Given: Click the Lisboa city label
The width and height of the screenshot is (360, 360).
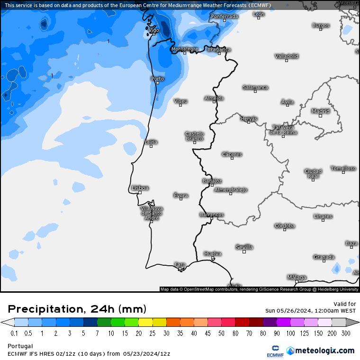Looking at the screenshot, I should click(x=140, y=188).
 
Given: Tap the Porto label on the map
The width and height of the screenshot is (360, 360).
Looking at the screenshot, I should click(x=157, y=79).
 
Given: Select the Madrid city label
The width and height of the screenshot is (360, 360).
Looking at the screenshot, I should click(x=320, y=111).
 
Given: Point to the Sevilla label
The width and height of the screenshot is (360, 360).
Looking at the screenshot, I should click(x=244, y=247).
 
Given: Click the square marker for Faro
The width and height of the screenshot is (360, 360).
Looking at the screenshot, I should click(x=180, y=270).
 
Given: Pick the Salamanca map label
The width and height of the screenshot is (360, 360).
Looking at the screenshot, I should click(x=255, y=87).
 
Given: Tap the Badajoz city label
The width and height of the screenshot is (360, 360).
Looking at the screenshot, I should click(x=212, y=180).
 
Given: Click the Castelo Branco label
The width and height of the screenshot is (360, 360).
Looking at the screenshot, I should click(x=194, y=136).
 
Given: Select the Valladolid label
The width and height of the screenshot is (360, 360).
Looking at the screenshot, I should click(x=287, y=56).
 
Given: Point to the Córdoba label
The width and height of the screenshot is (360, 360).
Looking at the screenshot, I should click(x=285, y=226).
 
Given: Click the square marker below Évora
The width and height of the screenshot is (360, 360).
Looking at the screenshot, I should click(x=180, y=199).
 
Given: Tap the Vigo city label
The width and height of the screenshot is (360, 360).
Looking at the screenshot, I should click(x=154, y=30).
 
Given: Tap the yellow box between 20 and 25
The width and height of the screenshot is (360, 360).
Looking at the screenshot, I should click(x=145, y=322).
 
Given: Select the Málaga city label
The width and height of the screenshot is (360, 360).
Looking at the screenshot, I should click(x=297, y=277).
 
